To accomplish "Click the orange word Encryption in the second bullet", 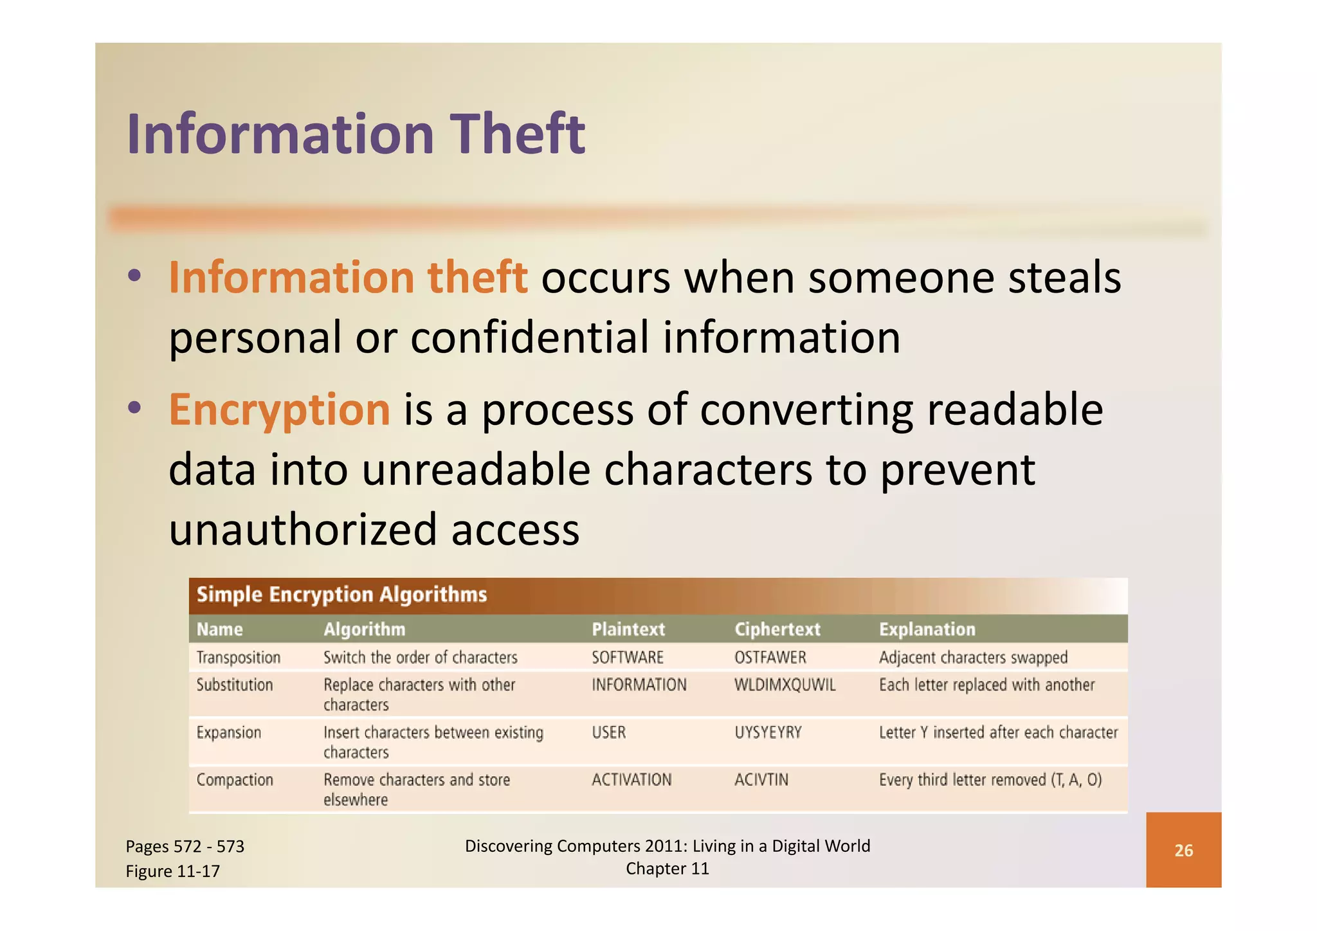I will coord(279,410).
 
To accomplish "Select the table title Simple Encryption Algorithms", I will coord(341,595).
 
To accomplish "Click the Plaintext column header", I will coord(628,629).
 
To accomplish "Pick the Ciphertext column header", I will coord(777,629).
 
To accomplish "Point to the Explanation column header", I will coord(927,629).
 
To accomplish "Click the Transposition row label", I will coord(238,657).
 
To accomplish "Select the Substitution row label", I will coord(234,685).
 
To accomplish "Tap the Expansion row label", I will coord(228,732).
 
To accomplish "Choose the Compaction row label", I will coord(235,780).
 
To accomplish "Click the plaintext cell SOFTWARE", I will coord(627,657).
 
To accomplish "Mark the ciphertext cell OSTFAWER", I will coord(770,657).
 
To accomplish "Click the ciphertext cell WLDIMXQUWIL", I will coord(785,685).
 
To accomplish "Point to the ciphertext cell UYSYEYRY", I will coord(768,732).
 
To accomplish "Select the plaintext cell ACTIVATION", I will coord(631,780).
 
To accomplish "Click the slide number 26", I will coord(1183,851).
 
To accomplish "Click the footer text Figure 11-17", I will coord(172,871).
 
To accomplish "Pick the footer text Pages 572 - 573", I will coord(185,846).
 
